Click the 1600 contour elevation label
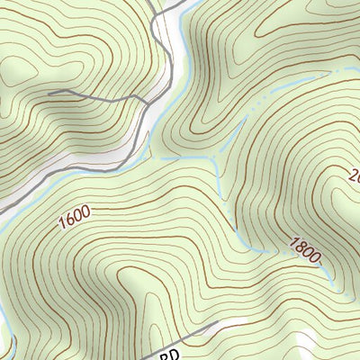pyautogui.click(x=76, y=219)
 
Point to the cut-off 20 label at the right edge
pyautogui.click(x=353, y=175)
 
